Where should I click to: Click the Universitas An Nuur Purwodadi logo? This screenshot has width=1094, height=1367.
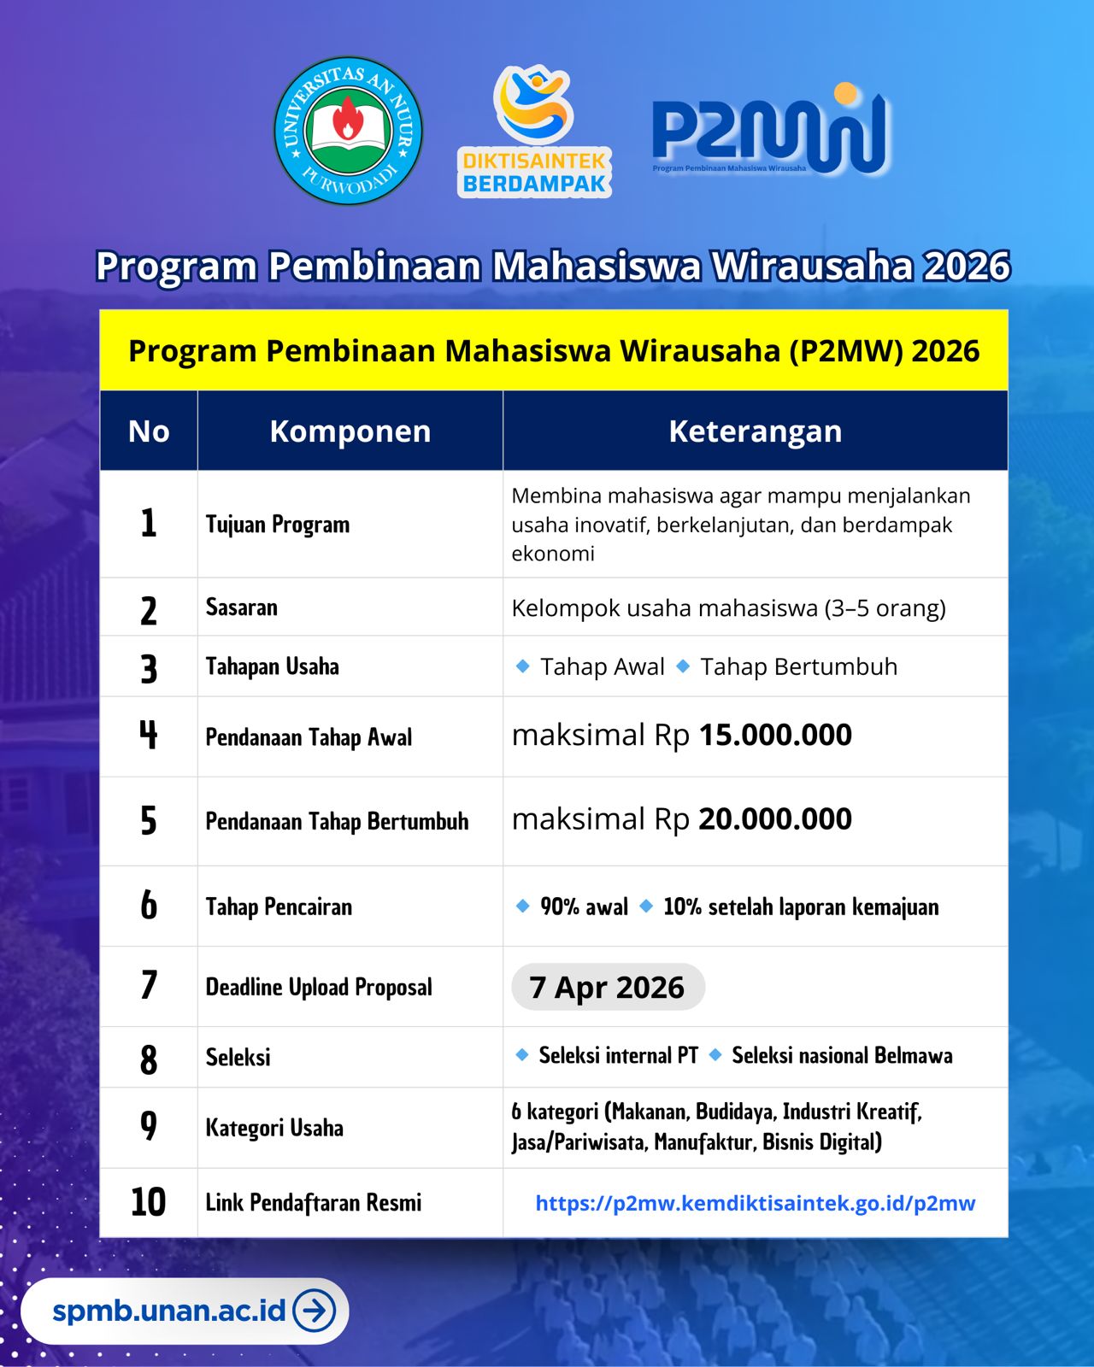[x=348, y=131]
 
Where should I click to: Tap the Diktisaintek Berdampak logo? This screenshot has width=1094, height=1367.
[x=535, y=132]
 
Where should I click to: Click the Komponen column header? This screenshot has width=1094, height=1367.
[x=350, y=431]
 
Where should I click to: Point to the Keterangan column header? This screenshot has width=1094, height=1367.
[x=755, y=431]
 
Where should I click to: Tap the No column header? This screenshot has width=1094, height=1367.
[x=149, y=431]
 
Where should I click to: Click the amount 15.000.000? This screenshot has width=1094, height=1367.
[x=775, y=736]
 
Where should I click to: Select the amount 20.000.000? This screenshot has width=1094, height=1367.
[x=775, y=819]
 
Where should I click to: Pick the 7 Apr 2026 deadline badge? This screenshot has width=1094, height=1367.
[x=607, y=988]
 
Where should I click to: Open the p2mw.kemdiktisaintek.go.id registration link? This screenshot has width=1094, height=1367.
[x=755, y=1203]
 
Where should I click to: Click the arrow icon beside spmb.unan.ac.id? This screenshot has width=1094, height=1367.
[x=315, y=1311]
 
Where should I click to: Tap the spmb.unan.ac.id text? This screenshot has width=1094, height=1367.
[x=168, y=1311]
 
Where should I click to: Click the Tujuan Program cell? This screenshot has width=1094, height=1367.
[x=278, y=525]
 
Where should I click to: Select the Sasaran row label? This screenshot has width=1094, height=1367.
[x=242, y=607]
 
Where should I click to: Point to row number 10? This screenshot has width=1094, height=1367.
[x=149, y=1202]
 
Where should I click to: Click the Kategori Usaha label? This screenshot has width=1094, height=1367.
[x=274, y=1128]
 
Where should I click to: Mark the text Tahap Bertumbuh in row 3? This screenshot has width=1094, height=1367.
[x=798, y=666]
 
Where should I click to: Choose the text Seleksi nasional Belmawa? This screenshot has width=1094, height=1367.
[x=842, y=1056]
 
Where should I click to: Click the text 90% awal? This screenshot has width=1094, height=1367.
[x=584, y=906]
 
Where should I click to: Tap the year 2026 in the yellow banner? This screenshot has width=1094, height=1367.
[x=945, y=351]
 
